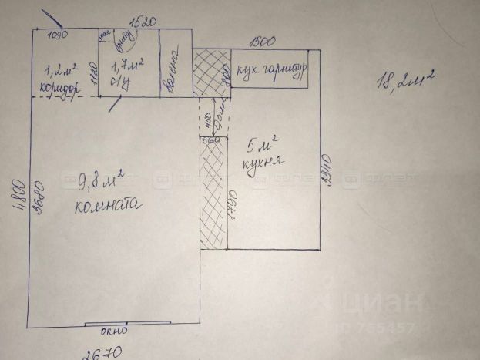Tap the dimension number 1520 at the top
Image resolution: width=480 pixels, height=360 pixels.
point(142,23)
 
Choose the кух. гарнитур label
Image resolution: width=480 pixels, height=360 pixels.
point(270,68)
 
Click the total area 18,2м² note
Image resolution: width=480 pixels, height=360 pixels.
point(405,80)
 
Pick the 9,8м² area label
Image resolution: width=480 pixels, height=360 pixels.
point(101,182)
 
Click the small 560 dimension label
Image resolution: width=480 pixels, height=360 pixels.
point(208,140)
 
